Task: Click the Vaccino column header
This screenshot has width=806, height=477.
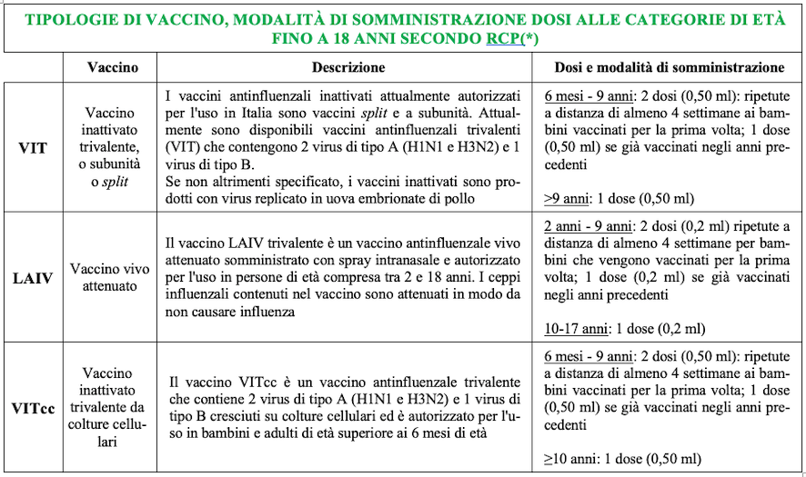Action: point(113,67)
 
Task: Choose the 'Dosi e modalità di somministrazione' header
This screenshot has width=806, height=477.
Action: point(670,67)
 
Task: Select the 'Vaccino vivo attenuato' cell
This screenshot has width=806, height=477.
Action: point(113,277)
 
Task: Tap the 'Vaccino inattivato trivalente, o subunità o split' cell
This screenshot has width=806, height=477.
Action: point(113,146)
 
